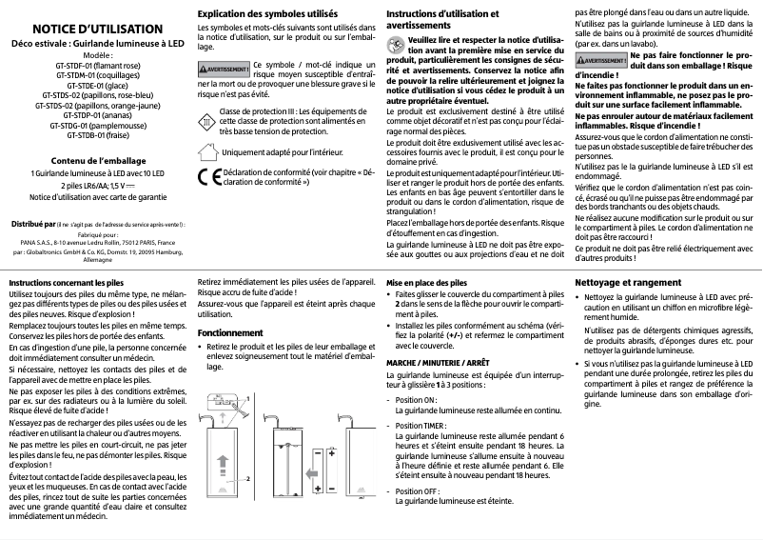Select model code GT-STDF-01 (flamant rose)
97,66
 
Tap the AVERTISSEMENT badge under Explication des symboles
224,70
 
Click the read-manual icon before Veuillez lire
392,44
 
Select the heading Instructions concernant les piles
66,284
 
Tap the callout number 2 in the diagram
246,479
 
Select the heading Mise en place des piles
425,284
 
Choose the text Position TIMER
421,425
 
